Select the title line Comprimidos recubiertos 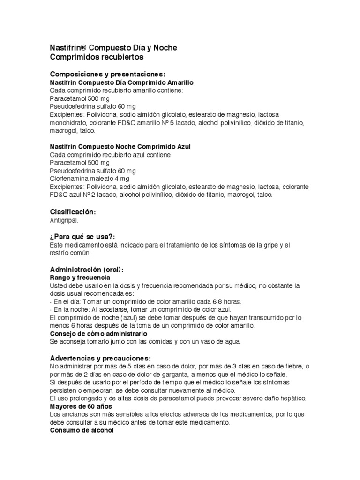click(96, 57)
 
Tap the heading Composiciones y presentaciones click(107, 75)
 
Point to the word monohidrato click(65, 123)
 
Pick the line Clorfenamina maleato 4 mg click(89, 179)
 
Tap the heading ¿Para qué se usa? click(82, 237)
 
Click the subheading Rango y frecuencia click(80, 277)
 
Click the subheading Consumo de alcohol click(82, 430)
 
